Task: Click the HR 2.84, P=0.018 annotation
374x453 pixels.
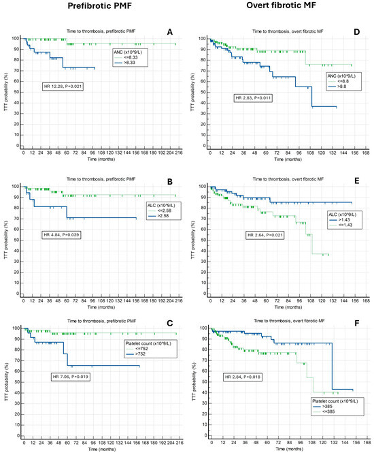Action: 245,376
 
